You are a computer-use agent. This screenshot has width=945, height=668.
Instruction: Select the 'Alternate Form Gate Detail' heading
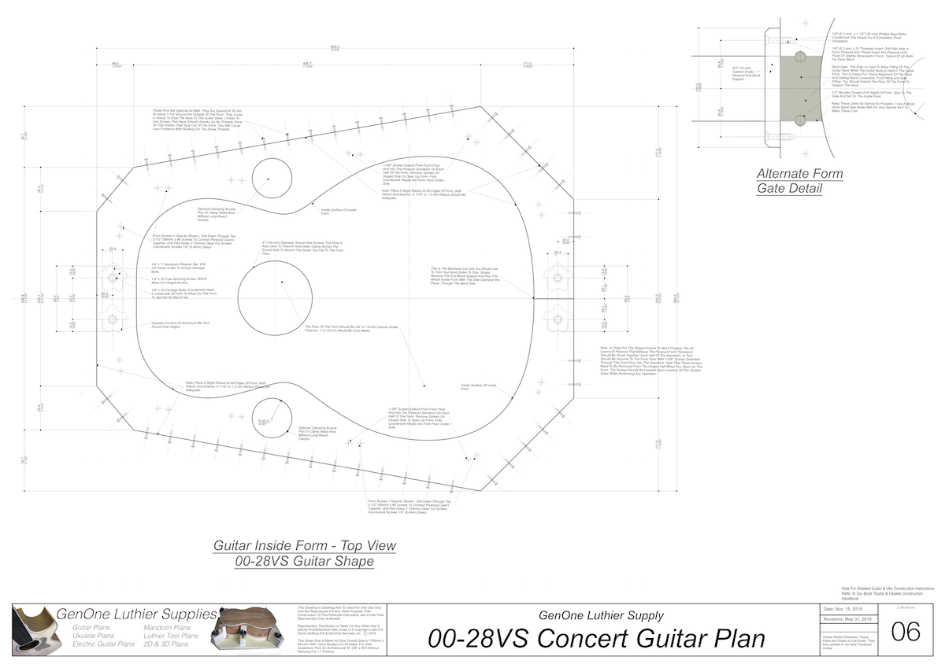(799, 181)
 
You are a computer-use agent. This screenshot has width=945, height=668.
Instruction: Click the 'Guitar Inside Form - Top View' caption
(305, 545)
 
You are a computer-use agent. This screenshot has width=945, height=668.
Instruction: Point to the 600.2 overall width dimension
(335, 47)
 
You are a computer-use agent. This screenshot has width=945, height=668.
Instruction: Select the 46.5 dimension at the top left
(115, 64)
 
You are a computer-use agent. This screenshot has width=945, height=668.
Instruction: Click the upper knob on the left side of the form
(113, 278)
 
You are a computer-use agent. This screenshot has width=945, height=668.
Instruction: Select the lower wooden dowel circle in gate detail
(800, 120)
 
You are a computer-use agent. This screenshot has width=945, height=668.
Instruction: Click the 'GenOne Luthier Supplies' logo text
(136, 613)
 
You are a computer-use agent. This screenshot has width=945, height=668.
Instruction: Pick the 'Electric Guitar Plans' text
(103, 644)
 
